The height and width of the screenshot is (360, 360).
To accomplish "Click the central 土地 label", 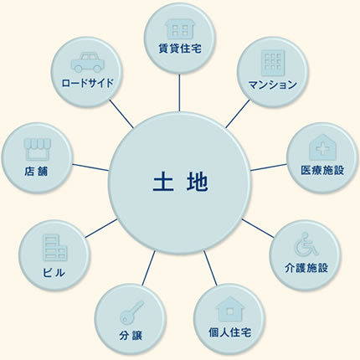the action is (x=180, y=183).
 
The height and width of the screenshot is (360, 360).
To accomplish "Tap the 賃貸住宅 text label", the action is (x=180, y=49).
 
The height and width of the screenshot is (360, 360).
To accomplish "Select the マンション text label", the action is (x=272, y=85).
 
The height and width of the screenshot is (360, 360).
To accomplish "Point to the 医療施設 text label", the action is (x=322, y=170).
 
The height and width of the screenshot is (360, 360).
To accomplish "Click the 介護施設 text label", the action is (x=306, y=268).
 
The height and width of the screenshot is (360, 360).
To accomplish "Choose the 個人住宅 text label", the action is (x=229, y=332).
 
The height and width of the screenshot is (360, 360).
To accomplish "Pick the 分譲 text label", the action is (x=131, y=335).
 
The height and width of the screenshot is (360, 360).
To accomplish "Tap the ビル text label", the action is (x=54, y=272).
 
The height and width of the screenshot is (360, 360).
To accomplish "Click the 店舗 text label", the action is (x=36, y=171).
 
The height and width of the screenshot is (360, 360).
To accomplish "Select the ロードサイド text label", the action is (x=88, y=83).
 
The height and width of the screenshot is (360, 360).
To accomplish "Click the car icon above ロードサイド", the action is (x=86, y=63).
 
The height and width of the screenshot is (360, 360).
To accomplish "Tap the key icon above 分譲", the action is (x=131, y=311).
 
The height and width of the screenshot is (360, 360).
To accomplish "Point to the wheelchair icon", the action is (x=306, y=244).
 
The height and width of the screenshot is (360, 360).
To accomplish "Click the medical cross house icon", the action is (x=322, y=147).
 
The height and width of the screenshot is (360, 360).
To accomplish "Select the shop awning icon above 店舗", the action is (x=38, y=150).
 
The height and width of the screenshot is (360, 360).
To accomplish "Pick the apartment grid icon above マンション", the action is (x=273, y=63).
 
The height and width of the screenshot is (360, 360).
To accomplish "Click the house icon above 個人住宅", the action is (x=229, y=308).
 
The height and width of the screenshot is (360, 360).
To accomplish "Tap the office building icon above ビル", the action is (x=54, y=248).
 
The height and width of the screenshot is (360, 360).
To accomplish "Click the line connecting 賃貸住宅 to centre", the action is (x=179, y=93).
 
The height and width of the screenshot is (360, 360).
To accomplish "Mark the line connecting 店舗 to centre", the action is (x=90, y=167).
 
